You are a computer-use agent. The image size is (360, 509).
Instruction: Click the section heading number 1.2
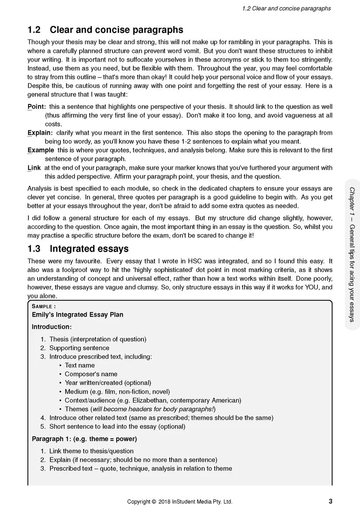click(x=34, y=30)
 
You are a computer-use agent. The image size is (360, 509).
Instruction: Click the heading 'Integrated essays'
click(x=89, y=249)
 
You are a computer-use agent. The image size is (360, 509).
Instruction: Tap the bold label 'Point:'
click(x=37, y=107)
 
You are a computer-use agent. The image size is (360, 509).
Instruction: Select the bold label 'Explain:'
click(x=40, y=133)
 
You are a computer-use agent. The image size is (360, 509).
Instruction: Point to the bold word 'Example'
click(x=41, y=150)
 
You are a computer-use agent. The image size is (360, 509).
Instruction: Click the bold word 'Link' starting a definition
click(x=34, y=168)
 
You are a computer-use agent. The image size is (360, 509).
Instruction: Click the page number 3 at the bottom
click(x=330, y=501)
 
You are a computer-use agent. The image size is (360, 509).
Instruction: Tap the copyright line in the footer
click(x=180, y=502)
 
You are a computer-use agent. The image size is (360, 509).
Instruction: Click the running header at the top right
click(x=286, y=9)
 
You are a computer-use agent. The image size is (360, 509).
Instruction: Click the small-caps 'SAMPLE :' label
click(x=44, y=307)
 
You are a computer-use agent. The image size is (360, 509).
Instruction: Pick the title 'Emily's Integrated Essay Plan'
click(x=77, y=314)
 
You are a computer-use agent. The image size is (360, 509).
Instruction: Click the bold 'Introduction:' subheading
click(x=52, y=327)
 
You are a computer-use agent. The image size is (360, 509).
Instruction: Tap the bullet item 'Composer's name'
click(x=91, y=374)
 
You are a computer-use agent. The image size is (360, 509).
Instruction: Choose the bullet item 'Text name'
click(x=80, y=365)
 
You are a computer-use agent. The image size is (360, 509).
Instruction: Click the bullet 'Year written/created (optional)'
click(x=108, y=383)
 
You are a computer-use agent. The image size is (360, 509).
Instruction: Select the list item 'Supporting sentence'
click(x=79, y=348)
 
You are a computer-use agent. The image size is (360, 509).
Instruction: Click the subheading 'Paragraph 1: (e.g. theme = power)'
click(x=84, y=439)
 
